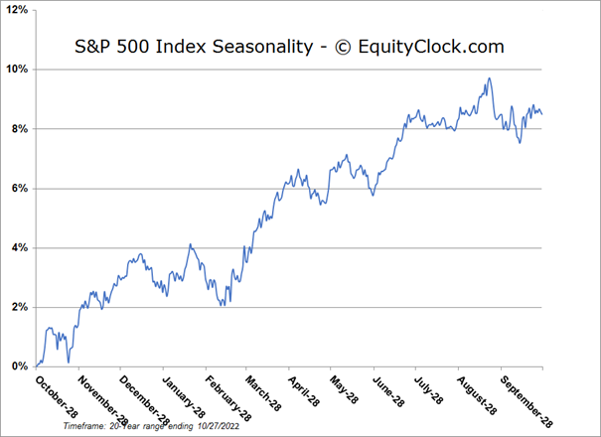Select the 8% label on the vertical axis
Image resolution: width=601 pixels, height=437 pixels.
point(19,129)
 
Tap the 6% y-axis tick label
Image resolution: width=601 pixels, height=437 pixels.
point(19,189)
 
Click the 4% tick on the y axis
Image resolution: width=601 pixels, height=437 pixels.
point(19,248)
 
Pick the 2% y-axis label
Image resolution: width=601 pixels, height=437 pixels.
point(19,307)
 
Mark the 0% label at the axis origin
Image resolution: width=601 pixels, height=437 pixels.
point(19,366)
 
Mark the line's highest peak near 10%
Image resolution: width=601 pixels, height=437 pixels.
point(489,79)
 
